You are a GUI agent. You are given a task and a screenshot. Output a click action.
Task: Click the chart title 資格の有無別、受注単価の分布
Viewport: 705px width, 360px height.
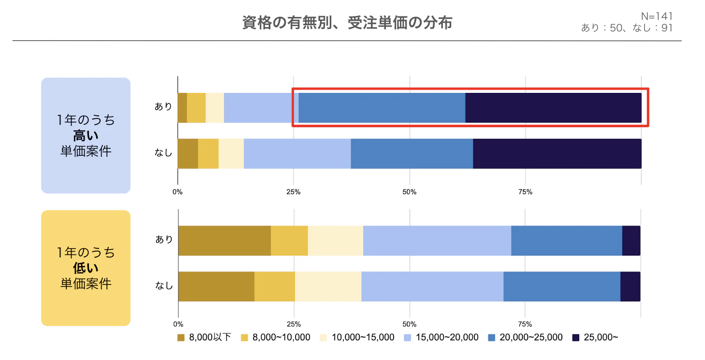coord(347,23)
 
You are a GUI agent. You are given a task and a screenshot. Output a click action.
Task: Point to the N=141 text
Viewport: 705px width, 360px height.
coord(656,17)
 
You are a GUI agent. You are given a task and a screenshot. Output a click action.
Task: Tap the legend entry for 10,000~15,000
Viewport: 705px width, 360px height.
coord(357,337)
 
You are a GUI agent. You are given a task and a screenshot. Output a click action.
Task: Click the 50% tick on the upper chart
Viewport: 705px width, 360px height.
coord(410,192)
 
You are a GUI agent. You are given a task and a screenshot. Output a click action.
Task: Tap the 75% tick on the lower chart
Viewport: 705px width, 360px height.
coord(525,324)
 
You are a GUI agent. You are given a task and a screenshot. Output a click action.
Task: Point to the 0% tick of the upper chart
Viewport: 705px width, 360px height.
coord(177,192)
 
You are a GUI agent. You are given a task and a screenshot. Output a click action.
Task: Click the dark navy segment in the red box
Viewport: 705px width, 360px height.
coord(553,107)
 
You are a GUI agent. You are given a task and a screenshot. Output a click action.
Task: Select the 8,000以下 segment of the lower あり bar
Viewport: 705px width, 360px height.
coord(224,240)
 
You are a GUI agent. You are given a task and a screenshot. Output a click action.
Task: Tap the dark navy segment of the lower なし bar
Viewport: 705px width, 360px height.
coord(630,286)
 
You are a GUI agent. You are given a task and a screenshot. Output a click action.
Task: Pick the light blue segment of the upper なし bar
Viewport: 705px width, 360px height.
coord(297,153)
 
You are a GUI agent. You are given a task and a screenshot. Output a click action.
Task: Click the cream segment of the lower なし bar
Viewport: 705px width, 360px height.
coord(328,286)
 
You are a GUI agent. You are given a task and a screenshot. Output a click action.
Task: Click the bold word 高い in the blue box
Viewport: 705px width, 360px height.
coord(86,135)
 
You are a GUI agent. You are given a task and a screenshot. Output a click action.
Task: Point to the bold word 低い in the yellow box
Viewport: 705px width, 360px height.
coord(86,268)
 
